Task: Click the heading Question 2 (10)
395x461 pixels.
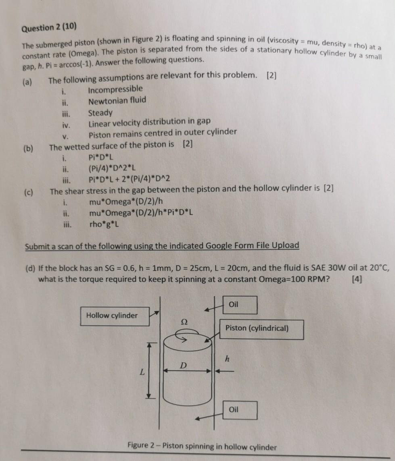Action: [x=49, y=28]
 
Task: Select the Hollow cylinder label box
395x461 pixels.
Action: [x=112, y=316]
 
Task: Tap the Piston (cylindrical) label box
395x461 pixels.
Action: [x=261, y=328]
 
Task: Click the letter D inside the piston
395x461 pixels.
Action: [x=184, y=365]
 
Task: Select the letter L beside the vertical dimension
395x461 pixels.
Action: [x=142, y=373]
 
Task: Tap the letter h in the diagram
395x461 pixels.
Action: [x=227, y=358]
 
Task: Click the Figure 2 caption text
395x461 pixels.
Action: [x=202, y=446]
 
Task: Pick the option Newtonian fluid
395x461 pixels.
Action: [x=117, y=100]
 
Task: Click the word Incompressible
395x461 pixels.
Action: [x=115, y=89]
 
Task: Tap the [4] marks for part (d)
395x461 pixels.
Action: [x=357, y=279]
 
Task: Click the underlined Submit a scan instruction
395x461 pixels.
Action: [x=162, y=246]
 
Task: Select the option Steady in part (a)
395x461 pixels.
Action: [x=100, y=113]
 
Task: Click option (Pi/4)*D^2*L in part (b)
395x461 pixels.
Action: [x=113, y=168]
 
